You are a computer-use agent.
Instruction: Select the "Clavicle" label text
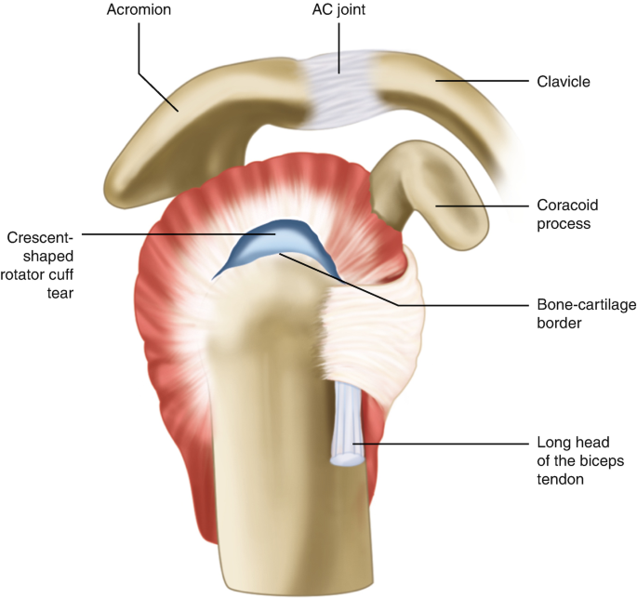pyautogui.click(x=564, y=82)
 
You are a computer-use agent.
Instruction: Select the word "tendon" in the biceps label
pyautogui.click(x=564, y=479)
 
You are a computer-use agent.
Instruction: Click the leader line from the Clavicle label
pyautogui.click(x=484, y=82)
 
